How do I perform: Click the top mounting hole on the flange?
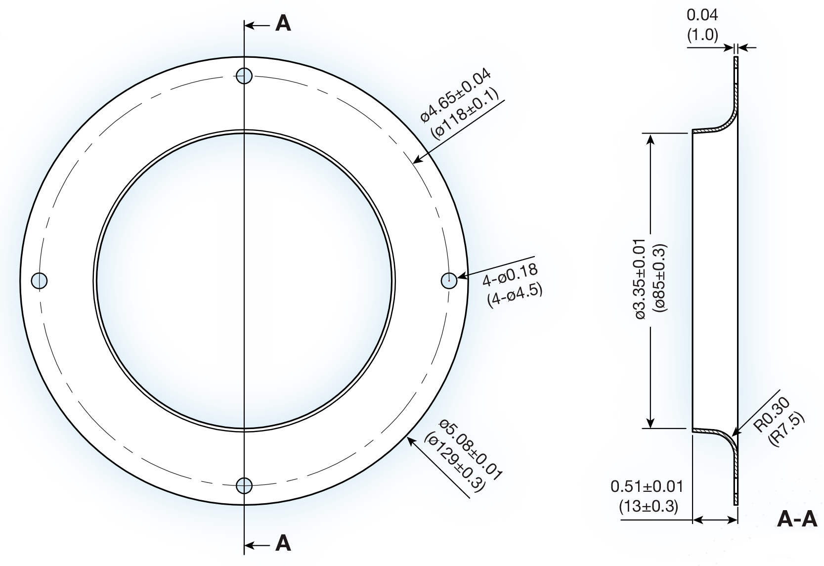coord(244,76)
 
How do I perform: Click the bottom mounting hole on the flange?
coord(244,485)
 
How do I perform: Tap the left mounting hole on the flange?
coord(39,280)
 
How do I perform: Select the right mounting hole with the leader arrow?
coord(449,280)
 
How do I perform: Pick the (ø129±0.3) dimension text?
coord(454,462)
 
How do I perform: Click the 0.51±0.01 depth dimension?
coord(647,486)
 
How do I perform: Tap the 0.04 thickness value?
coord(702,15)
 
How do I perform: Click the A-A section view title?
coord(797,520)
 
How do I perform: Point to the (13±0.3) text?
coord(648,507)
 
